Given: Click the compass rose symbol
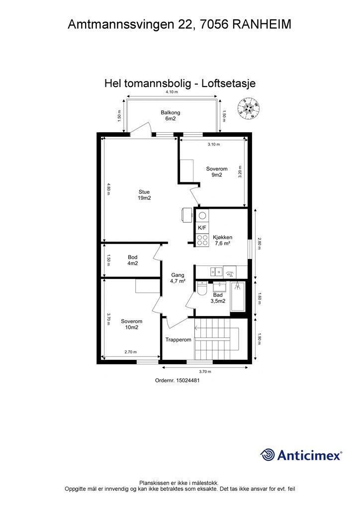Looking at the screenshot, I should point(249,108).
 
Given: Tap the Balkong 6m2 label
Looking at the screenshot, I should point(168,116).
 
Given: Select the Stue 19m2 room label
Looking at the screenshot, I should point(144,195).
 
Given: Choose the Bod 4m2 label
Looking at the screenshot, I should point(133,260).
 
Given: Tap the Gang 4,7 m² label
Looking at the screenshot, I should point(178,278).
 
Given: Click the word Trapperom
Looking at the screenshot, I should point(179,340).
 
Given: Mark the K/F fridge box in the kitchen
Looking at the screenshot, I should point(202,228).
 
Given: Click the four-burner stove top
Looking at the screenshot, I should point(202,240).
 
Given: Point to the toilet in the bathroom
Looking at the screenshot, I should point(201,289).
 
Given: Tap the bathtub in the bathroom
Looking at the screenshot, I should point(238,296).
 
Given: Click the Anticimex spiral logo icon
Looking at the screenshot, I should point(268,455).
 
